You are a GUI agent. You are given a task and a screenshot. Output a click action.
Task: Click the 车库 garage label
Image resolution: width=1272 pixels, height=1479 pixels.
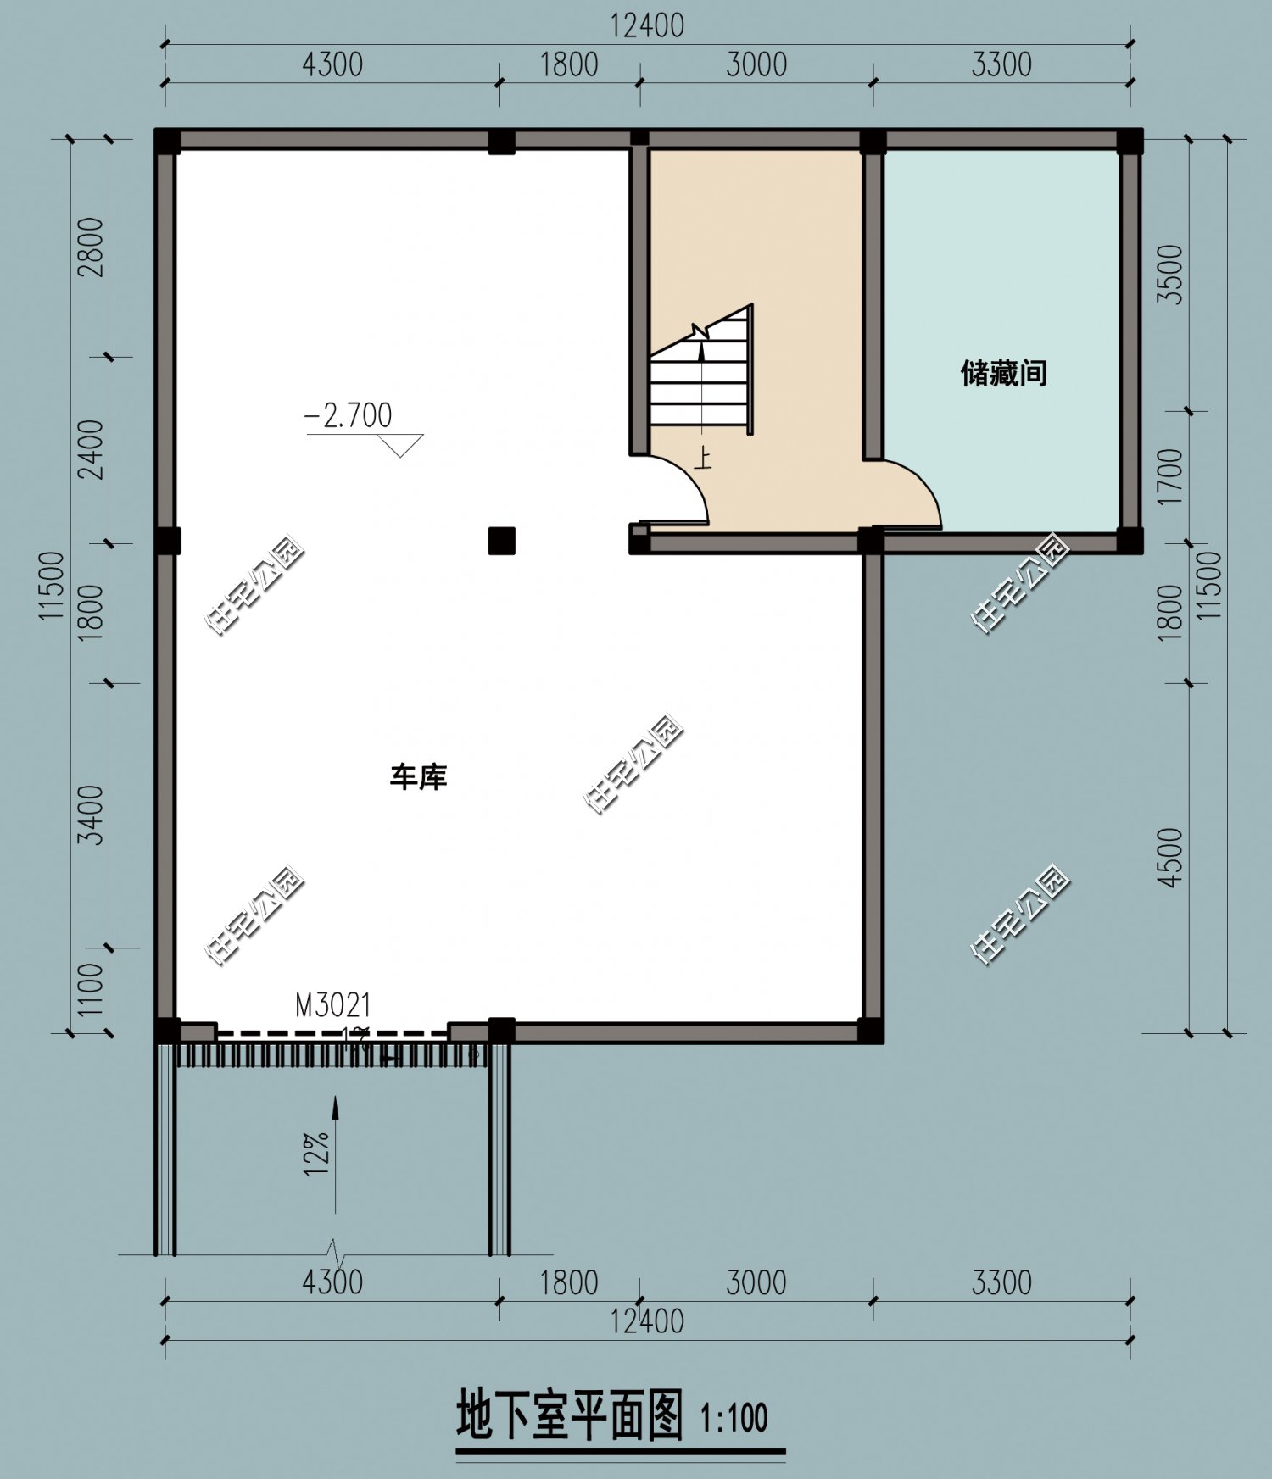pos(418,777)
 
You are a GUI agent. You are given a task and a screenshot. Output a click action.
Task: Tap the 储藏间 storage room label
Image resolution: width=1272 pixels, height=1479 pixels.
pos(1003,373)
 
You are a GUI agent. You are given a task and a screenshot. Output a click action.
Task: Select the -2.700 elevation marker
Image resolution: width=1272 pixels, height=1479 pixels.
pos(349,415)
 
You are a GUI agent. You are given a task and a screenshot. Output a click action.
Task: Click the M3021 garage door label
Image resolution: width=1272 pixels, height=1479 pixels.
pos(332,1005)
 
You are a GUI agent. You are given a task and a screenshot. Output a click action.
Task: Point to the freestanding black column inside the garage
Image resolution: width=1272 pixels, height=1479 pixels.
pos(502,540)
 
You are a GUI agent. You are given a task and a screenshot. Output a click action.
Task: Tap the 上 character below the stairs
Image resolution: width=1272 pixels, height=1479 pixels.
pos(702,459)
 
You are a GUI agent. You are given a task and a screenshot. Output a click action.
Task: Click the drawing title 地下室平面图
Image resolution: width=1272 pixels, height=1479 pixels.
pos(570,1415)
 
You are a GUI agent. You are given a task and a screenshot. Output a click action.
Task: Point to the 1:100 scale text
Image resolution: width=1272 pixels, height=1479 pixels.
pos(734,1418)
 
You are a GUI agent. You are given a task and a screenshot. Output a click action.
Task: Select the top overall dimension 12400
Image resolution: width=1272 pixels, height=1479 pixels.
pos(647,25)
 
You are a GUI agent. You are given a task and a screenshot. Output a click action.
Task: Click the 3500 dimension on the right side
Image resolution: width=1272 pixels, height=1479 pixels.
pos(1171,274)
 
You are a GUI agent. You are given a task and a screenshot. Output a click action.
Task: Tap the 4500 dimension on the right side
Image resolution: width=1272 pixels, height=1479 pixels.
pos(1171,858)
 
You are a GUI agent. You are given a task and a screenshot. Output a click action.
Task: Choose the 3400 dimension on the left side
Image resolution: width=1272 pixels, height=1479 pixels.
pos(91,815)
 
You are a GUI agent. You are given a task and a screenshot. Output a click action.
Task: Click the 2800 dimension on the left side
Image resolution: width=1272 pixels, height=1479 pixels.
pos(91,247)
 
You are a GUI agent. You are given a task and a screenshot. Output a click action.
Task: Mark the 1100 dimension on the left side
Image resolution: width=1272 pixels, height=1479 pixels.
pos(91,988)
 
